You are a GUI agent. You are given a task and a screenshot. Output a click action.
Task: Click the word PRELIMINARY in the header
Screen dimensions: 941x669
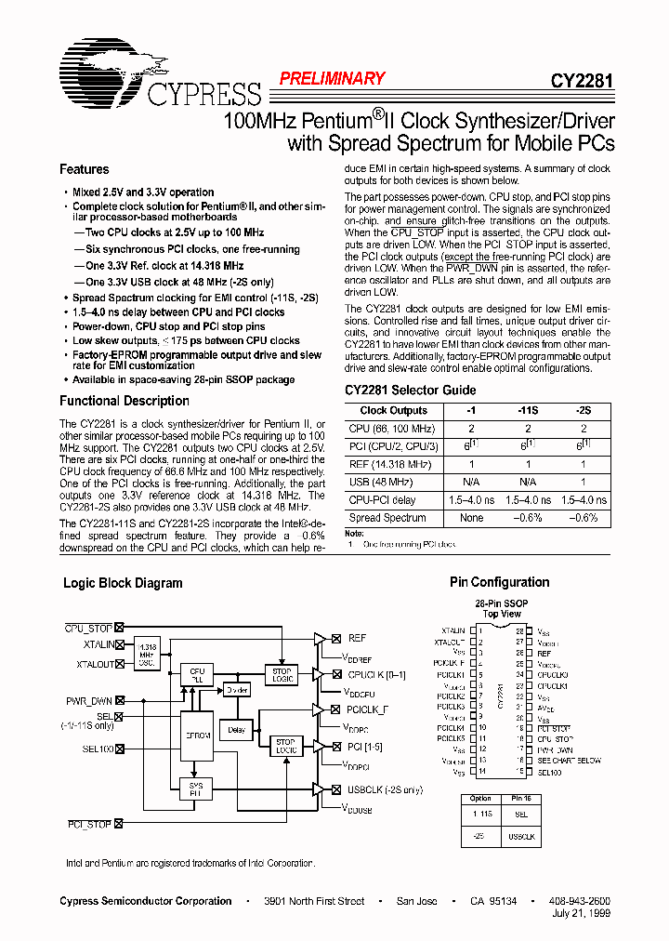pos(332,79)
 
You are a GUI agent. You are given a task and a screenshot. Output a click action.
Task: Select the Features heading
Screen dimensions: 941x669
pos(85,169)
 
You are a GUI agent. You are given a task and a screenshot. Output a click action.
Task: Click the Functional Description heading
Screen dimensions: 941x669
pos(125,401)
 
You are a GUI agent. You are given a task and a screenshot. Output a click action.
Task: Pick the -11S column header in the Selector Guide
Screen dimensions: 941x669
pos(528,410)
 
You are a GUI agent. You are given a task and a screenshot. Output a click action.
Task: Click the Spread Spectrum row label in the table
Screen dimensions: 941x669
pos(387,518)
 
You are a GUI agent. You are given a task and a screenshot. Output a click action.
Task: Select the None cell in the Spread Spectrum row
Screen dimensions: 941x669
pos(471,518)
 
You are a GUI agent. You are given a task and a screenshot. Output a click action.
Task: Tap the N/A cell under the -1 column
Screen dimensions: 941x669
pos(471,482)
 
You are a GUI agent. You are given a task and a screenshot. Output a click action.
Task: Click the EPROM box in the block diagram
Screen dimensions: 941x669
pos(197,735)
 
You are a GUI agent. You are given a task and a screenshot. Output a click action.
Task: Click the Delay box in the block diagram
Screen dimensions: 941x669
pos(236,730)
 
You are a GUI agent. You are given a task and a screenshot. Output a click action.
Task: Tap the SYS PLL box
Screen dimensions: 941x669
pos(197,789)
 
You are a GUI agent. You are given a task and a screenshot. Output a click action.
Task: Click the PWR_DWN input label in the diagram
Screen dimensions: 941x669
pos(89,700)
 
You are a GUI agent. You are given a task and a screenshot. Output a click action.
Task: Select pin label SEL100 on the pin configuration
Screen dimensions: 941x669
pos(549,773)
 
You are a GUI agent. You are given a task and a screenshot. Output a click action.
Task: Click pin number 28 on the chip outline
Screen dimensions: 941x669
pos(521,630)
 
